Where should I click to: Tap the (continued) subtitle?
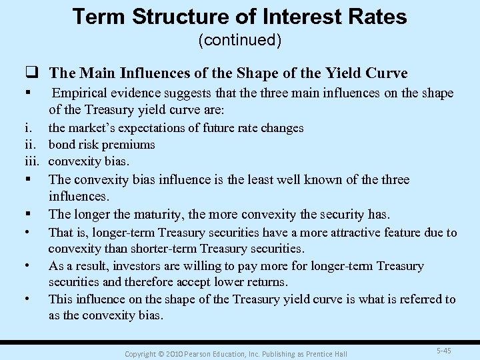point(240,41)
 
